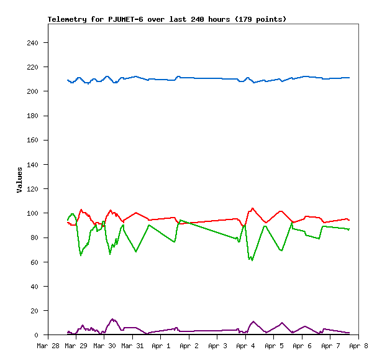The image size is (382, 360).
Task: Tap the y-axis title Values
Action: click(19, 180)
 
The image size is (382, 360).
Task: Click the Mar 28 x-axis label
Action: click(48, 346)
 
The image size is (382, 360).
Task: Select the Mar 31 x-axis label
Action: click(132, 346)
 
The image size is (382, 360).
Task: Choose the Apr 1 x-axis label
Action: click(161, 346)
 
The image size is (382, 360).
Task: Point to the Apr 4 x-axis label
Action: click(245, 346)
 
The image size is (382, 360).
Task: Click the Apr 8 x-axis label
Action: click(358, 346)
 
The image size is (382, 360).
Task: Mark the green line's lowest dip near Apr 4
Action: click(252, 260)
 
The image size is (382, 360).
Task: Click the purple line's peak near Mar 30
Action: click(112, 319)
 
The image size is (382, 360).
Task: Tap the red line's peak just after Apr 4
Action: click(252, 208)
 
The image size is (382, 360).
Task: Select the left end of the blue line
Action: click(68, 80)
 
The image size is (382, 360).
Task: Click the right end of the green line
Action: click(350, 229)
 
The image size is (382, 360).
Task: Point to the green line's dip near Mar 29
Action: click(81, 255)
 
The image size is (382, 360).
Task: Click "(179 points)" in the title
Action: click(261, 19)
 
